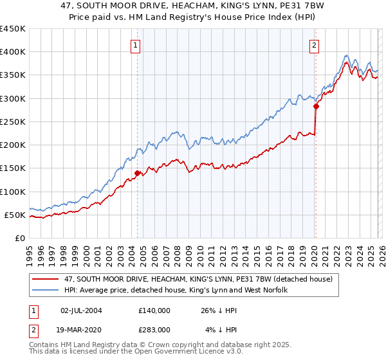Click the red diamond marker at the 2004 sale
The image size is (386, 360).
coord(138,172)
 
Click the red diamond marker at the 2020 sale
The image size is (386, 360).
coord(316,106)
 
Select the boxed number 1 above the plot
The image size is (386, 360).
coord(136,45)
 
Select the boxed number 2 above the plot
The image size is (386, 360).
coord(314,45)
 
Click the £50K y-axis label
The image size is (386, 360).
coord(15,215)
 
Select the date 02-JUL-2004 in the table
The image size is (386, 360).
coord(80,310)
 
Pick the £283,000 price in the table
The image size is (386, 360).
coord(154,329)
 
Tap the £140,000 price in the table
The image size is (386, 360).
coord(154,310)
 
